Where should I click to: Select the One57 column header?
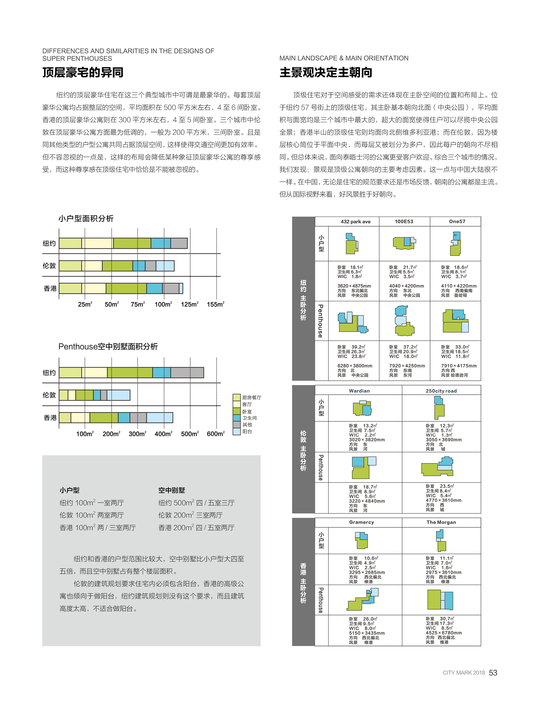pos(457,221)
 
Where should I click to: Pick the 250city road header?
pos(441,391)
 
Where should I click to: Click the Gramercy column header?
pos(361,522)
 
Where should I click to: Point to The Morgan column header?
pos(441,522)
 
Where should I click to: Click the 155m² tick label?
pos(215,304)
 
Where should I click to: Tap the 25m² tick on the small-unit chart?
pos(85,304)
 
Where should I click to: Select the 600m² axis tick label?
pos(215,434)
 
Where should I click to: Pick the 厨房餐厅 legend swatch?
pos(237,397)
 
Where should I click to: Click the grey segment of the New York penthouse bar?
pos(187,372)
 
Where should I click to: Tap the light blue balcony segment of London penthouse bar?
pos(118,395)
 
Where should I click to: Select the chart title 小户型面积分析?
pos(86,219)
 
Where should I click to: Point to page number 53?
pos(493,673)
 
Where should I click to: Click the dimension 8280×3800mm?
pos(355,366)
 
